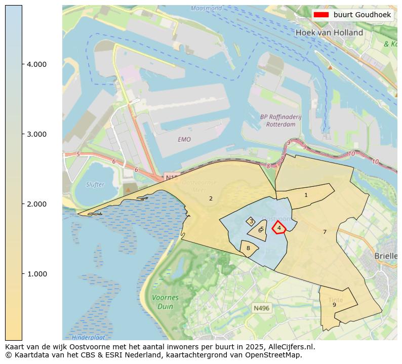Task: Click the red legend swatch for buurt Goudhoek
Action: (x=321, y=15)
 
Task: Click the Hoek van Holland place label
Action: (x=329, y=32)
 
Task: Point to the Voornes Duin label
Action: (x=162, y=302)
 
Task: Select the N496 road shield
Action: (x=262, y=308)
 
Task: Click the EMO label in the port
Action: (x=184, y=139)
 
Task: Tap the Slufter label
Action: (x=95, y=184)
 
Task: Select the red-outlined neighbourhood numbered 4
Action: (x=279, y=228)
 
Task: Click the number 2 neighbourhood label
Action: (x=211, y=198)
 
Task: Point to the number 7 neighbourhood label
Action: (x=325, y=232)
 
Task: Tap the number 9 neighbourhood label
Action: (x=334, y=305)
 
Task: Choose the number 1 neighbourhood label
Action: (x=306, y=195)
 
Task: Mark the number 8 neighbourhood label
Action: (x=248, y=248)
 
